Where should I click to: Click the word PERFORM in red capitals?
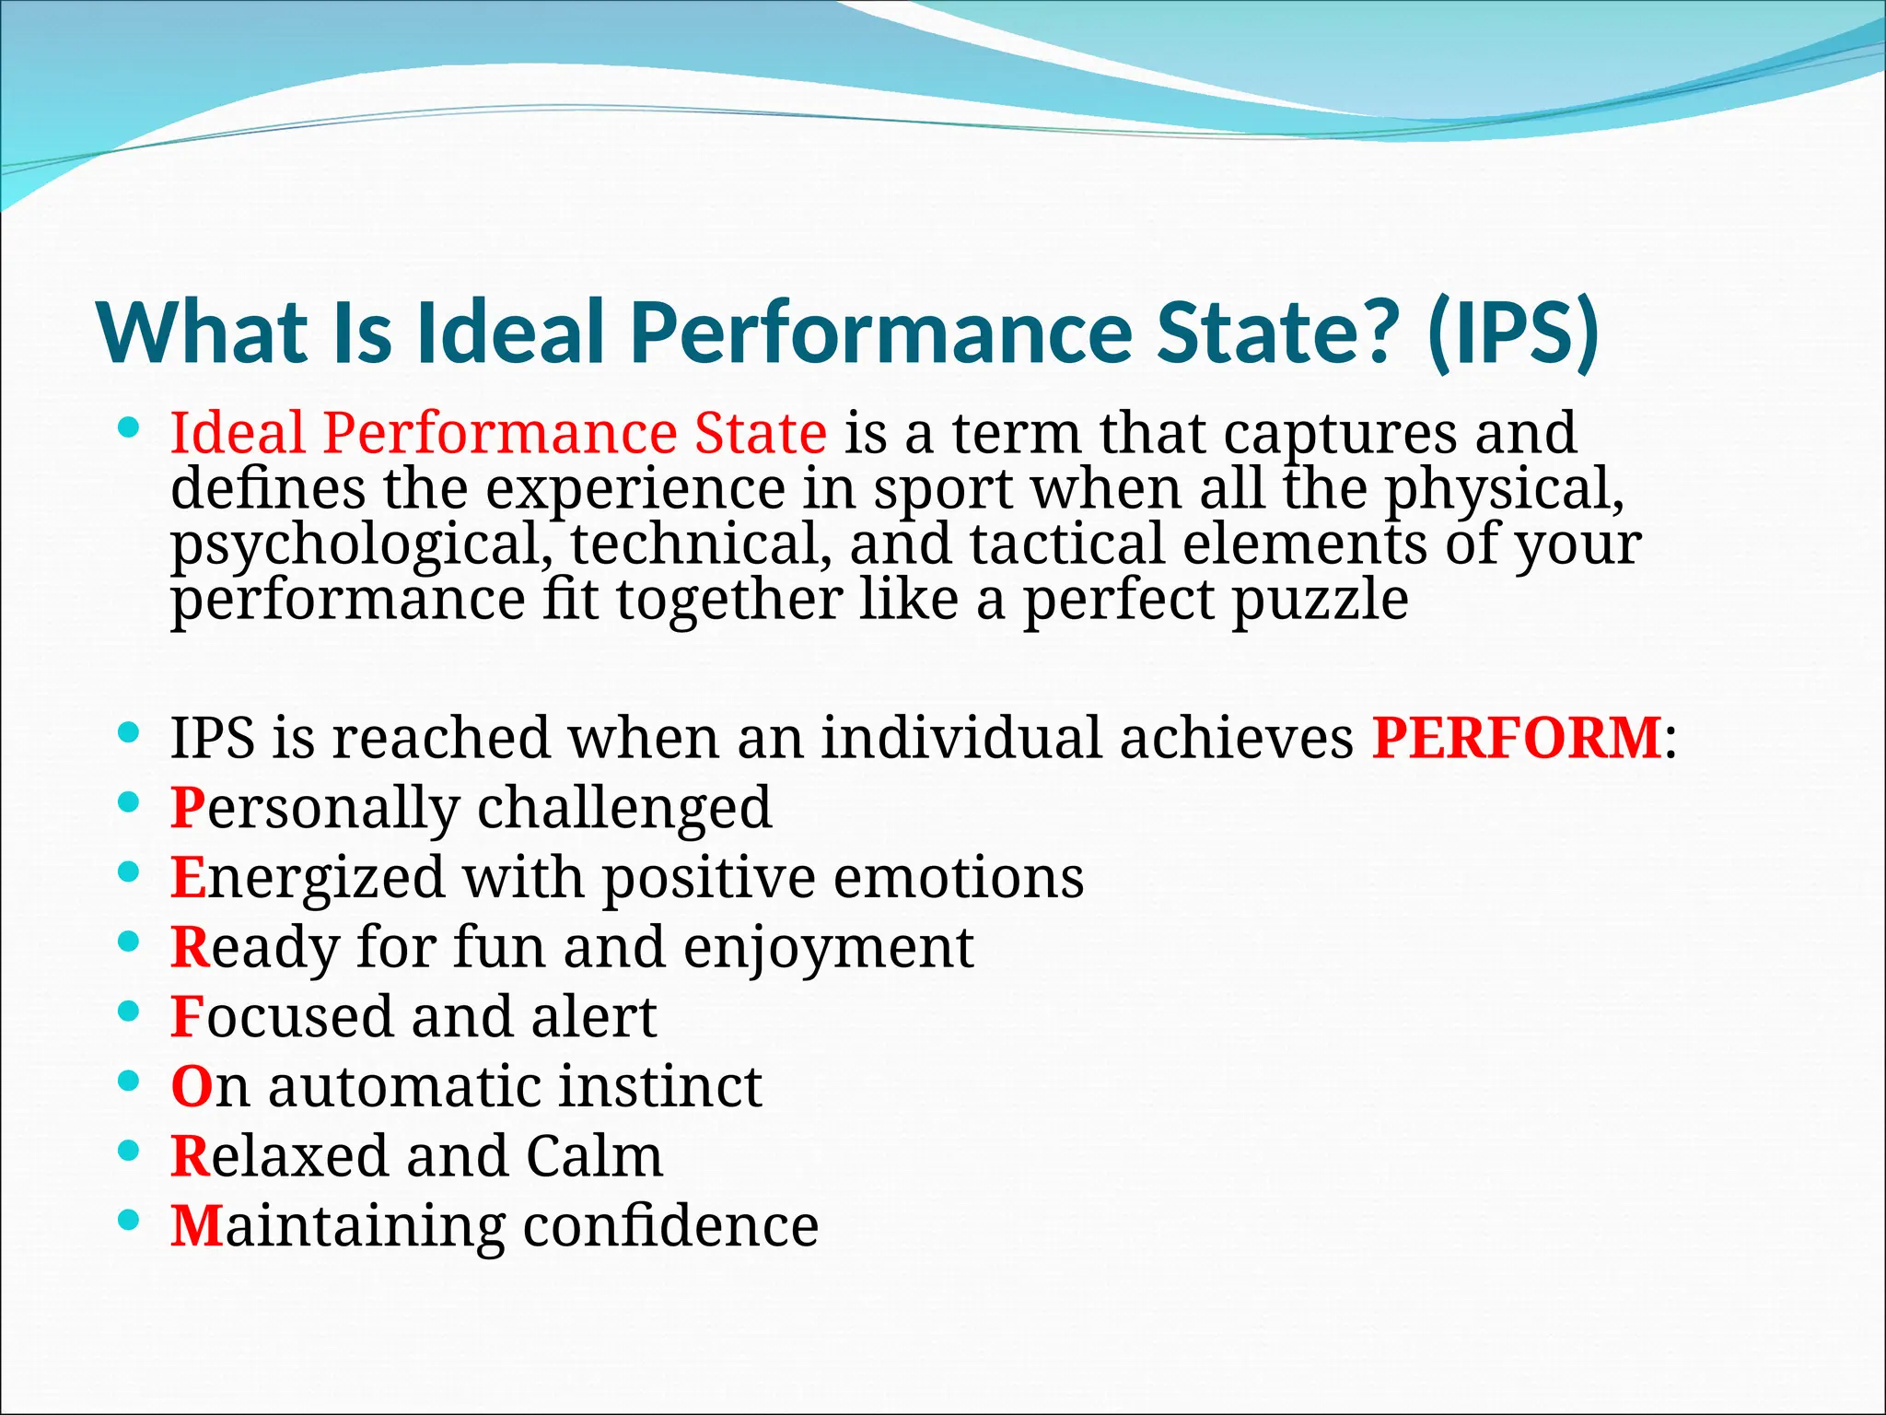pyautogui.click(x=1516, y=738)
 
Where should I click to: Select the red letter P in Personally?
pyautogui.click(x=188, y=808)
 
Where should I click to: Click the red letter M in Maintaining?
pyautogui.click(x=197, y=1226)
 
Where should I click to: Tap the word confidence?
pyautogui.click(x=670, y=1226)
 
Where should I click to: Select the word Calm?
pyautogui.click(x=594, y=1156)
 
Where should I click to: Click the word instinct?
pyautogui.click(x=659, y=1086)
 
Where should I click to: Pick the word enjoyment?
pyautogui.click(x=828, y=948)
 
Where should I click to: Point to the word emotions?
pyautogui.click(x=959, y=877)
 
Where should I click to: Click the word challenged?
pyautogui.click(x=623, y=810)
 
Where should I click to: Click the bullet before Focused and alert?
pyautogui.click(x=129, y=1012)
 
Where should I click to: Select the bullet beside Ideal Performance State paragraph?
pyautogui.click(x=129, y=427)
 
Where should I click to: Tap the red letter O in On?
pyautogui.click(x=192, y=1087)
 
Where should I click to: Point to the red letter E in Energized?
pyautogui.click(x=187, y=877)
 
